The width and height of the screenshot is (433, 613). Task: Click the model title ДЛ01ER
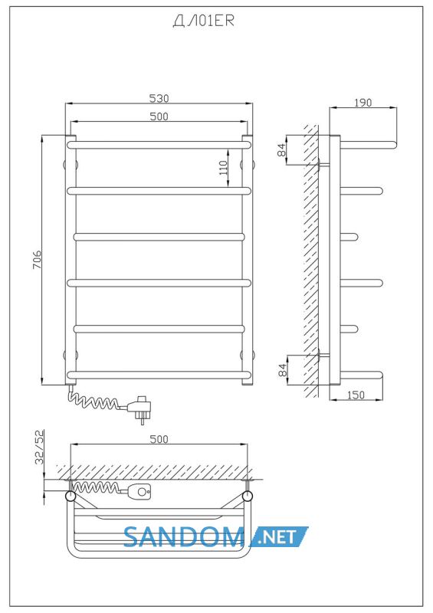pyautogui.click(x=203, y=21)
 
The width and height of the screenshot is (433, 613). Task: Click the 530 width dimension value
pyautogui.click(x=159, y=98)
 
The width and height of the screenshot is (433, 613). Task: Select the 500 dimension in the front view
pyautogui.click(x=159, y=116)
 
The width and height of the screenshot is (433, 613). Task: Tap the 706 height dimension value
pyautogui.click(x=37, y=260)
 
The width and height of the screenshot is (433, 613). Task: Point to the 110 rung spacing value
pyautogui.click(x=223, y=168)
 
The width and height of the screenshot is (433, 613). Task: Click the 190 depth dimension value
pyautogui.click(x=362, y=103)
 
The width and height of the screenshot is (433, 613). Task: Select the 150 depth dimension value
pyautogui.click(x=356, y=395)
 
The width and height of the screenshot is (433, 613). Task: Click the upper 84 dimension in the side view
pyautogui.click(x=282, y=150)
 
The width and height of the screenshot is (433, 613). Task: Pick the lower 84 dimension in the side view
pyautogui.click(x=282, y=369)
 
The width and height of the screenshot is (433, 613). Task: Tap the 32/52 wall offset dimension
pyautogui.click(x=40, y=447)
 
